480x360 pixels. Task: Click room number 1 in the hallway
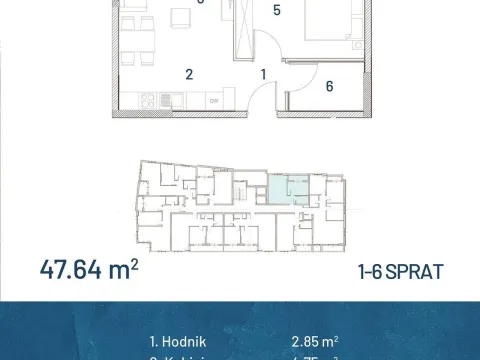click(264, 73)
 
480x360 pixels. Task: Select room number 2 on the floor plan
click(187, 73)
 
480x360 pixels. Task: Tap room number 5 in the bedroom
click(277, 12)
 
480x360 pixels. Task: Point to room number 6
click(329, 86)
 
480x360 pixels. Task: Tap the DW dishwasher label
click(213, 100)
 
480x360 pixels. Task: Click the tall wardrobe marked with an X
click(244, 30)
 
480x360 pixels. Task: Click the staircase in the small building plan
click(254, 190)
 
